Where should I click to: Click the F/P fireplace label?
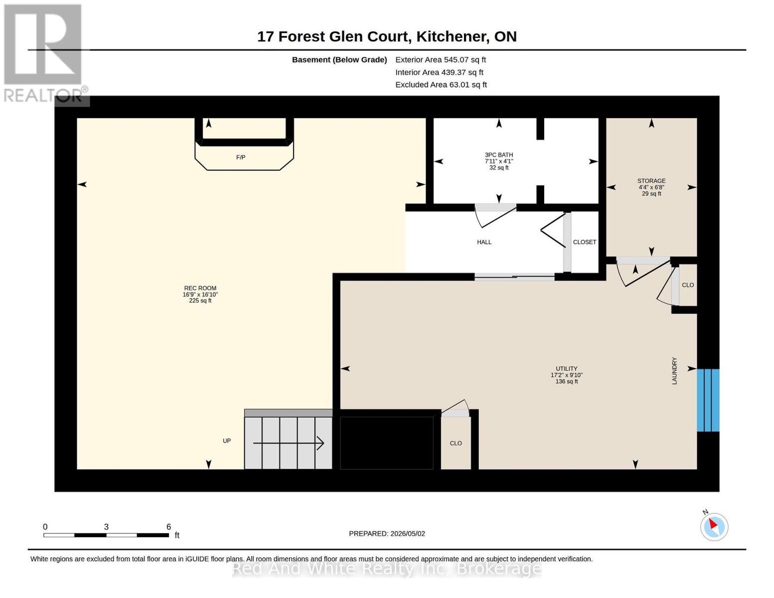click(x=240, y=157)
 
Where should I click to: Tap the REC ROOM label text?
click(x=200, y=288)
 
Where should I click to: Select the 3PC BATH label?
click(x=498, y=154)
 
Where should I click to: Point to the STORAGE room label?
click(x=651, y=180)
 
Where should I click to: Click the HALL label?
click(x=484, y=242)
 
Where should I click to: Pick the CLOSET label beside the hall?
click(x=584, y=242)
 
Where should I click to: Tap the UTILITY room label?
click(x=566, y=368)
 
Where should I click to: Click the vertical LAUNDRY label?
click(x=674, y=370)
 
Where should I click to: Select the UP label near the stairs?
click(x=227, y=441)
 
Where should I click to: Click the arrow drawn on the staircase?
click(x=288, y=443)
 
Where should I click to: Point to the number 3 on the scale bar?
click(x=106, y=526)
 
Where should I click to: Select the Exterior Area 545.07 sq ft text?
click(x=440, y=59)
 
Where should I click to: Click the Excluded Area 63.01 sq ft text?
click(x=441, y=84)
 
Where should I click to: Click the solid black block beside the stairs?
click(x=386, y=443)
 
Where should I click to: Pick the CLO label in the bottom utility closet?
click(x=456, y=443)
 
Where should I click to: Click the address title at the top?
click(x=386, y=36)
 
